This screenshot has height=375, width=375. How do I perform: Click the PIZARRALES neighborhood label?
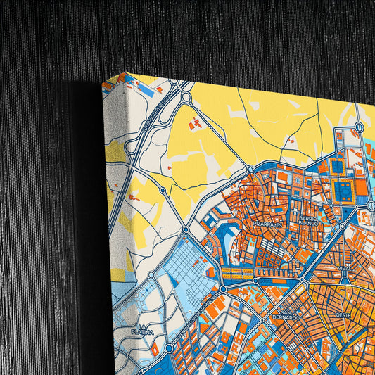(x=268, y=224)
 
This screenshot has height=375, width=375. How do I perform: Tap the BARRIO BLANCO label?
(x=308, y=221)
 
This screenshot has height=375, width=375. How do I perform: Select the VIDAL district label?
(x=344, y=269)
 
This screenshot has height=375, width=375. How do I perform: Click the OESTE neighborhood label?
(x=343, y=315)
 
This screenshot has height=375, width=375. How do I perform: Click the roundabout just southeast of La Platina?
(x=169, y=348)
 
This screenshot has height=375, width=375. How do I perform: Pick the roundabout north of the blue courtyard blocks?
(x=359, y=127)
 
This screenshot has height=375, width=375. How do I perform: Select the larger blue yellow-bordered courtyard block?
(x=345, y=189)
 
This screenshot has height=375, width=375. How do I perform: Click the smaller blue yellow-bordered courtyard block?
(x=337, y=167)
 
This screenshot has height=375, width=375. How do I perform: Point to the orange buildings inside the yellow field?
(x=195, y=125)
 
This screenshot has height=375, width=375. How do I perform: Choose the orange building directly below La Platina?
(x=155, y=350)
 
